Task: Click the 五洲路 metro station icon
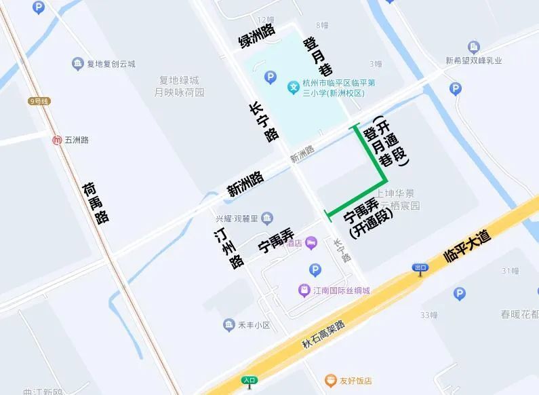58,140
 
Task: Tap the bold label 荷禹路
96,203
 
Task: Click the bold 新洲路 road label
245,183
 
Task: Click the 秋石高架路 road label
323,335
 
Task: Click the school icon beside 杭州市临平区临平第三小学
294,87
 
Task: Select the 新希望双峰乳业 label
474,60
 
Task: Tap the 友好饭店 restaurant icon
330,381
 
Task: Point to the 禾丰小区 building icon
229,325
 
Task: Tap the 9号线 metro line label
39,101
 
